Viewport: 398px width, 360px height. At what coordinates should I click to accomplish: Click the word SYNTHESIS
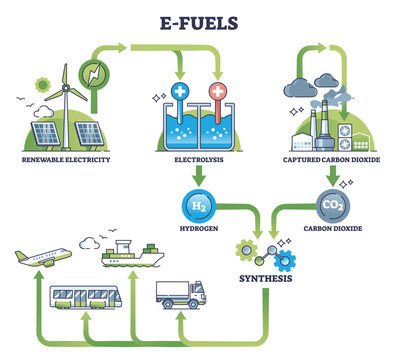click(265, 277)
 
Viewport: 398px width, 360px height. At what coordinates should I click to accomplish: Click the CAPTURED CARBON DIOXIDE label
click(331, 158)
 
